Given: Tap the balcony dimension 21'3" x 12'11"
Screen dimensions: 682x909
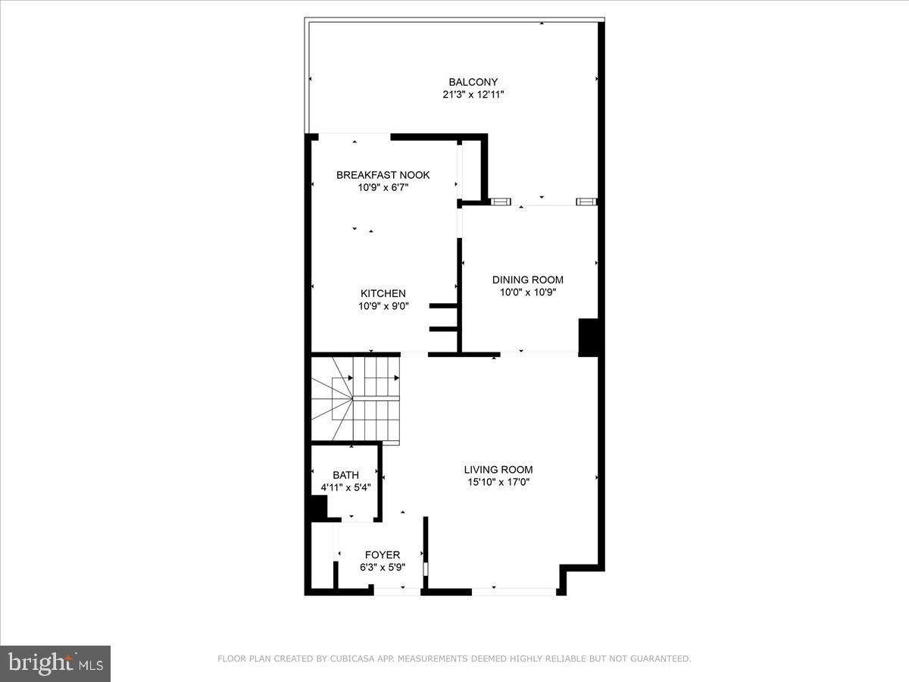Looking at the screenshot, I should (x=473, y=95).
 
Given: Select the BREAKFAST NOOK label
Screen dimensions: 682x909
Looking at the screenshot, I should (x=383, y=175).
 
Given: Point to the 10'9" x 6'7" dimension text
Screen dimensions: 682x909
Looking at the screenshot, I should (x=383, y=187).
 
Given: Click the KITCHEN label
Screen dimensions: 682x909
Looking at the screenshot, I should (x=383, y=293).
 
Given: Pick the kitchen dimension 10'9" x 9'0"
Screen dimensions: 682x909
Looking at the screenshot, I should (x=383, y=306).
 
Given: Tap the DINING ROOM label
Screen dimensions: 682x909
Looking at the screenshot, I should (x=527, y=280).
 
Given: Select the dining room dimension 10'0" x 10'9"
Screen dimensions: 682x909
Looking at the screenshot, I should (x=527, y=293).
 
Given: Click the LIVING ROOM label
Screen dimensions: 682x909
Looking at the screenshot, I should (x=498, y=469).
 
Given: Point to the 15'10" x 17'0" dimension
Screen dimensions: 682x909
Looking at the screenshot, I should (x=498, y=482).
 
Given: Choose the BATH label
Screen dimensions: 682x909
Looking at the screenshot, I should (x=345, y=475).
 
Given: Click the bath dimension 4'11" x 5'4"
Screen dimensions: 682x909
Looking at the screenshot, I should (x=345, y=487).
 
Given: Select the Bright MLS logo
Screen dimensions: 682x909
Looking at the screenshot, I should (x=55, y=663).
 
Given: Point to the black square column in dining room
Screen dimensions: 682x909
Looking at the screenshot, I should (x=589, y=337).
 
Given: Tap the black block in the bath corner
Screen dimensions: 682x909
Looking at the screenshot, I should (x=317, y=508).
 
